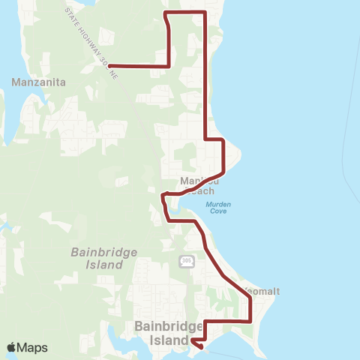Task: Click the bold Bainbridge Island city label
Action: [169, 333]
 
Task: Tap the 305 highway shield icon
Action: [186, 260]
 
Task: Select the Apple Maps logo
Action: [27, 347]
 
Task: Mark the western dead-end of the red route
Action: [109, 66]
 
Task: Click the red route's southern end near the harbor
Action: [200, 346]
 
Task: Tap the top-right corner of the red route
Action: [205, 13]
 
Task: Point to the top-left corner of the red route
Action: [165, 13]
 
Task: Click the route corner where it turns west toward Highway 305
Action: [169, 66]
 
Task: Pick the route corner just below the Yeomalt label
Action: [250, 298]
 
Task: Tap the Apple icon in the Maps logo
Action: [12, 347]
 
